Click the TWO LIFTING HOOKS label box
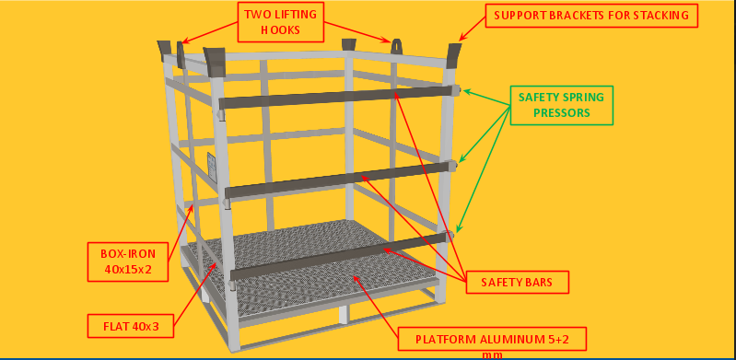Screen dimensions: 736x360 coord(281,22)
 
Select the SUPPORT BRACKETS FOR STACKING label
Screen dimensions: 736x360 coord(591,16)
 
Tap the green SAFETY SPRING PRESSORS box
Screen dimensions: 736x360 coord(561,105)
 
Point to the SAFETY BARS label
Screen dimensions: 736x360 coord(517,282)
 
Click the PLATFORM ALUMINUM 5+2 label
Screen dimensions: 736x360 coord(492,339)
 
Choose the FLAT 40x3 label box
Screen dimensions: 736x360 coord(131,326)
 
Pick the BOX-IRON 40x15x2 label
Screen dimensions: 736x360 coord(128,261)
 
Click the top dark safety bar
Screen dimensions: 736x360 coord(338,98)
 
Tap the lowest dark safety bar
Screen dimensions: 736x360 coord(339,256)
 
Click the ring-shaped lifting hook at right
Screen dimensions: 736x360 coord(397,47)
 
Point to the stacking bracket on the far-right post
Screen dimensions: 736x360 coord(454,56)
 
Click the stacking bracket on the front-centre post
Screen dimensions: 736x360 coord(215,62)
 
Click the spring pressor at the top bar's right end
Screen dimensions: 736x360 coord(458,90)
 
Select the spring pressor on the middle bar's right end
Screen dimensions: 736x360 coord(452,166)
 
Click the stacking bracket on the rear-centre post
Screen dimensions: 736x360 coord(349,44)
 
